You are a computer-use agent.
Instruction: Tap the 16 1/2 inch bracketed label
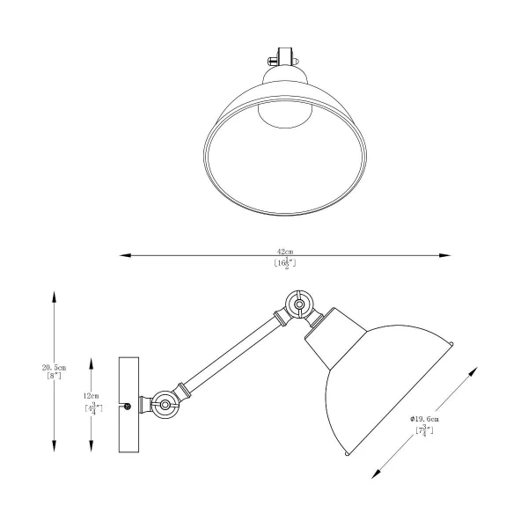(x=284, y=262)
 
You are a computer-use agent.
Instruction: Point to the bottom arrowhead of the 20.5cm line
(x=55, y=446)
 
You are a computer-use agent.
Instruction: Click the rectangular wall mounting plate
(x=129, y=404)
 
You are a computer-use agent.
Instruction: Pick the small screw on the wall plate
(x=128, y=406)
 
